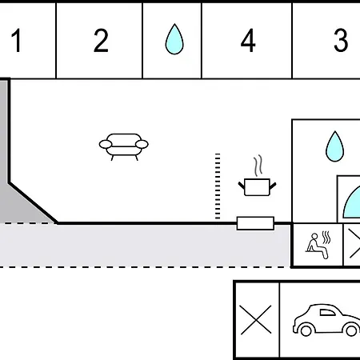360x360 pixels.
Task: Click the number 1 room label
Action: click(17, 40)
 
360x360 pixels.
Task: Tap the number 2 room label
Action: click(101, 40)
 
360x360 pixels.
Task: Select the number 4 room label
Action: click(248, 40)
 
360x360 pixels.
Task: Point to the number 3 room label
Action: click(341, 40)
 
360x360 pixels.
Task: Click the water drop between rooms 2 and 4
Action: click(174, 39)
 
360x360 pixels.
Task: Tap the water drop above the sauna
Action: click(335, 146)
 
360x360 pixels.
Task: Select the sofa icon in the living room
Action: click(124, 147)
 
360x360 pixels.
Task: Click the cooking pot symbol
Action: click(257, 187)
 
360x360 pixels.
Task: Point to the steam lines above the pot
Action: click(258, 166)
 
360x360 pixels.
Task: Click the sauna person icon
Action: click(317, 246)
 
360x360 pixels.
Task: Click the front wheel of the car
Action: click(306, 330)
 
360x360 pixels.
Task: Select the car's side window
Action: click(327, 313)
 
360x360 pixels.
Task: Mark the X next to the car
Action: click(256, 320)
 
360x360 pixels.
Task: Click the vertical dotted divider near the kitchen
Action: click(218, 186)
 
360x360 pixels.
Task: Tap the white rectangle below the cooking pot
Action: click(255, 223)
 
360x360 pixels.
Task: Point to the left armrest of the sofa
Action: click(106, 144)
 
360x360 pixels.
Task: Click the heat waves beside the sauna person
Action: click(326, 238)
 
